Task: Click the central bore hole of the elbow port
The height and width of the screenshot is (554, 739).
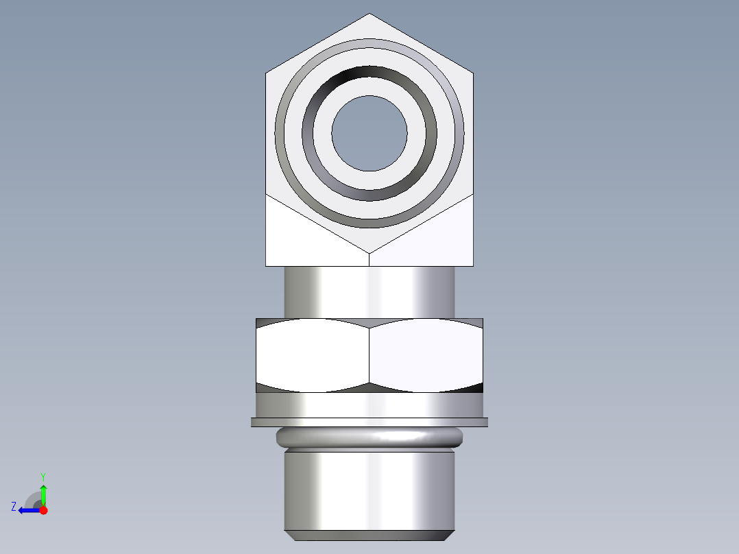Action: [369, 133]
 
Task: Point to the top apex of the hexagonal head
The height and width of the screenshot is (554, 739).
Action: [369, 14]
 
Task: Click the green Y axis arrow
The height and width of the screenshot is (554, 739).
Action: [43, 494]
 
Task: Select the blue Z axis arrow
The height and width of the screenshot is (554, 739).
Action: [27, 510]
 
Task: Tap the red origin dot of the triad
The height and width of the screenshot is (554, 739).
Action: [44, 510]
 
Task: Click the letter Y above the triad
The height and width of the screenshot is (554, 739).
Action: [43, 476]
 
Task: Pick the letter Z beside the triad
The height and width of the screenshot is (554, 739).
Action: [14, 507]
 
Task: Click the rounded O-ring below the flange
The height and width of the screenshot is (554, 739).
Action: [369, 437]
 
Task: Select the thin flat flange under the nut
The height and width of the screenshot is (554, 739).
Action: [369, 422]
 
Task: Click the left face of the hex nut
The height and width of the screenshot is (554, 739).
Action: [312, 355]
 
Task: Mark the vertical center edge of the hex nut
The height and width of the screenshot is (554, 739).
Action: [369, 355]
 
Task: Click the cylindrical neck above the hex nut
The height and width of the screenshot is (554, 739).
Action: [369, 291]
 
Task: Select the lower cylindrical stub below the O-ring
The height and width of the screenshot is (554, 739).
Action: [369, 490]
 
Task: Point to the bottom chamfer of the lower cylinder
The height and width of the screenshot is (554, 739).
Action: [369, 535]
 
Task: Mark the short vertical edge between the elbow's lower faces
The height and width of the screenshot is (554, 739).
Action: [369, 259]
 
